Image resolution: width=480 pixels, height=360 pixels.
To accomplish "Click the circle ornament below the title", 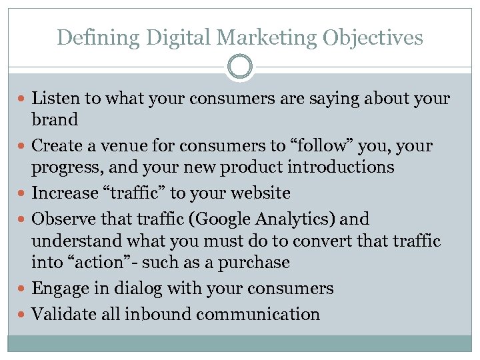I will (x=240, y=67).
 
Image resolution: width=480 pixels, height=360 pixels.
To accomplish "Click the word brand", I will (x=55, y=120).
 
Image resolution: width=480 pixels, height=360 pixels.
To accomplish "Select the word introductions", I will (x=343, y=167).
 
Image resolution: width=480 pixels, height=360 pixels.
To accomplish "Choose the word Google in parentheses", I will (x=227, y=219).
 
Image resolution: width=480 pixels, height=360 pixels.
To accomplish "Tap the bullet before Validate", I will (x=24, y=315).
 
